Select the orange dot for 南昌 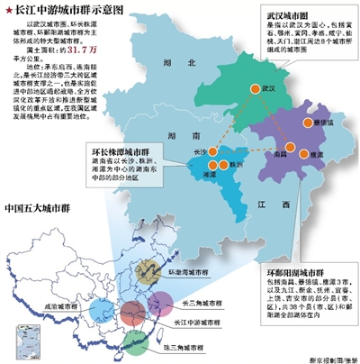[290, 148]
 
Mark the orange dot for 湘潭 [212, 165]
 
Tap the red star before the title [9, 9]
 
